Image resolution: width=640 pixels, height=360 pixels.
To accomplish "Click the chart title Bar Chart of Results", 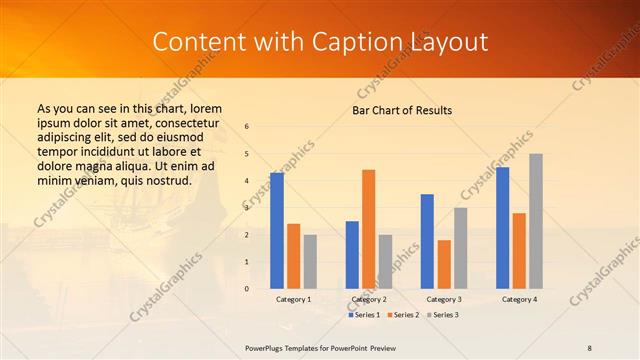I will click(402, 110).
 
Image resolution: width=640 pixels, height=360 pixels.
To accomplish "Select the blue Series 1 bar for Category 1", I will click(277, 230).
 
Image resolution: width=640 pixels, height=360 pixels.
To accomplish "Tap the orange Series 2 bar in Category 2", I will click(368, 229).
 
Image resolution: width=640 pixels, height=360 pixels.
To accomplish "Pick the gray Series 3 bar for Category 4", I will click(536, 221).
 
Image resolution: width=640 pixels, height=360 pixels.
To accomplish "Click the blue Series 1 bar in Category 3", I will click(427, 241).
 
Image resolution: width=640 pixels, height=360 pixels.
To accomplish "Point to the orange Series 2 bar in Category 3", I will click(444, 264).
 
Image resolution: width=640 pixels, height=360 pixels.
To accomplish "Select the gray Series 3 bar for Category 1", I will click(310, 261).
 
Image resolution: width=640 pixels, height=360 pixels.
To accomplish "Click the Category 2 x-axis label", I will click(368, 299).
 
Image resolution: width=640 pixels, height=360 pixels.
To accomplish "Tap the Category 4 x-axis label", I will click(518, 299).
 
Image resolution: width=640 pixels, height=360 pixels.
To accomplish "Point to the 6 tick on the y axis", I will click(247, 127).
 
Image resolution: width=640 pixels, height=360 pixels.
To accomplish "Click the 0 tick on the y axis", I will click(247, 289).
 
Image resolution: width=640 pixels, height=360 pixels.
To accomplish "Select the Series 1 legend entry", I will click(364, 315).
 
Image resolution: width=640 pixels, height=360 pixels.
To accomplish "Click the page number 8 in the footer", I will click(590, 347).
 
